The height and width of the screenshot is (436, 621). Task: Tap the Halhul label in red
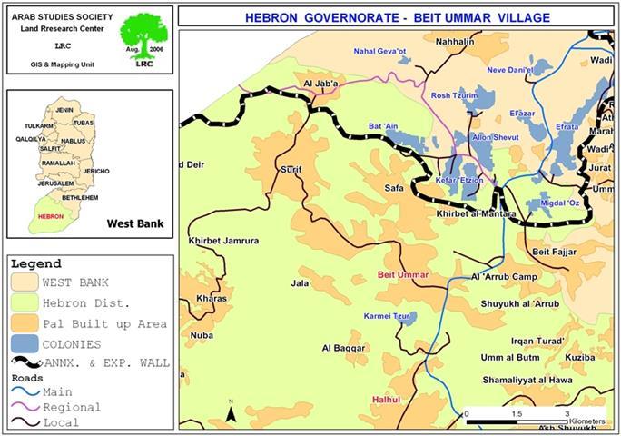[x=385, y=400]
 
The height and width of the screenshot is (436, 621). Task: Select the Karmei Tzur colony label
[x=383, y=316]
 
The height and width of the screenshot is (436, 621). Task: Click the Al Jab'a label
[x=320, y=85]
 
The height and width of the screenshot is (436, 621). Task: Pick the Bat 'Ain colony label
[x=384, y=126]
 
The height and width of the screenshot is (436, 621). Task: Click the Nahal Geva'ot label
[x=380, y=52]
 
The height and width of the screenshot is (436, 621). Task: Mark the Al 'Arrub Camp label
[x=504, y=277]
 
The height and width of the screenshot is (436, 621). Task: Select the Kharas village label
[x=210, y=298]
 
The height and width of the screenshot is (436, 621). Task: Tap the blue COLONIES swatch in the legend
[x=25, y=344]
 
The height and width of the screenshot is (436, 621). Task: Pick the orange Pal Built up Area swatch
[x=25, y=323]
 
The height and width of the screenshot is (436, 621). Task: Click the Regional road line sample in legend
[x=25, y=407]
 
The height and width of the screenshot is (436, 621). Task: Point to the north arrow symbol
[x=232, y=412]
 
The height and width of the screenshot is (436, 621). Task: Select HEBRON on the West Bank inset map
[x=52, y=217]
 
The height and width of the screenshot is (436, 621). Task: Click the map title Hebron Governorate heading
[x=399, y=17]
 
